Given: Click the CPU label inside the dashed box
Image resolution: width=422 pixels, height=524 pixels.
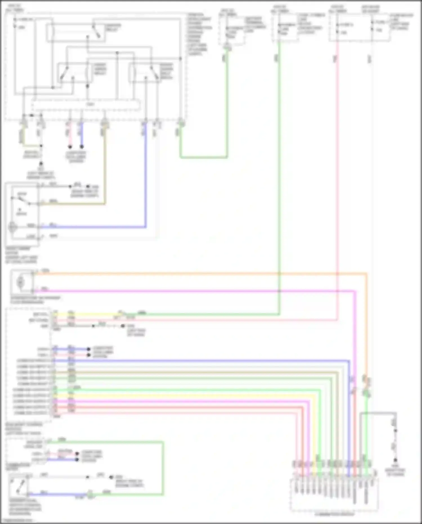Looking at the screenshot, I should pyautogui.click(x=90, y=104).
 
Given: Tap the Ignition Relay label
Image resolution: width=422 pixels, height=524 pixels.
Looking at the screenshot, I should pyautogui.click(x=113, y=28).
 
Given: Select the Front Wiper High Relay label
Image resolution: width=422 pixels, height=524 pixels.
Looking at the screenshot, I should pyautogui.click(x=166, y=71).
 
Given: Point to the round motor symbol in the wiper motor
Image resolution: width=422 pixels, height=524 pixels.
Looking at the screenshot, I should pyautogui.click(x=13, y=227).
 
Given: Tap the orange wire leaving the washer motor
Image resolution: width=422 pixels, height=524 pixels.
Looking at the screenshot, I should pyautogui.click(x=197, y=273).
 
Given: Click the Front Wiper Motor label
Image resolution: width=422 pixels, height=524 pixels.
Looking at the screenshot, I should pyautogui.click(x=21, y=255).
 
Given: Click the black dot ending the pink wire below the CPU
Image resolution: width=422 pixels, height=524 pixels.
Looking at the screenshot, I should pyautogui.click(x=70, y=147).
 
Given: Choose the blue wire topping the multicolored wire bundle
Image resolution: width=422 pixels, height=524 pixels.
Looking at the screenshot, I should pyautogui.click(x=197, y=361).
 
